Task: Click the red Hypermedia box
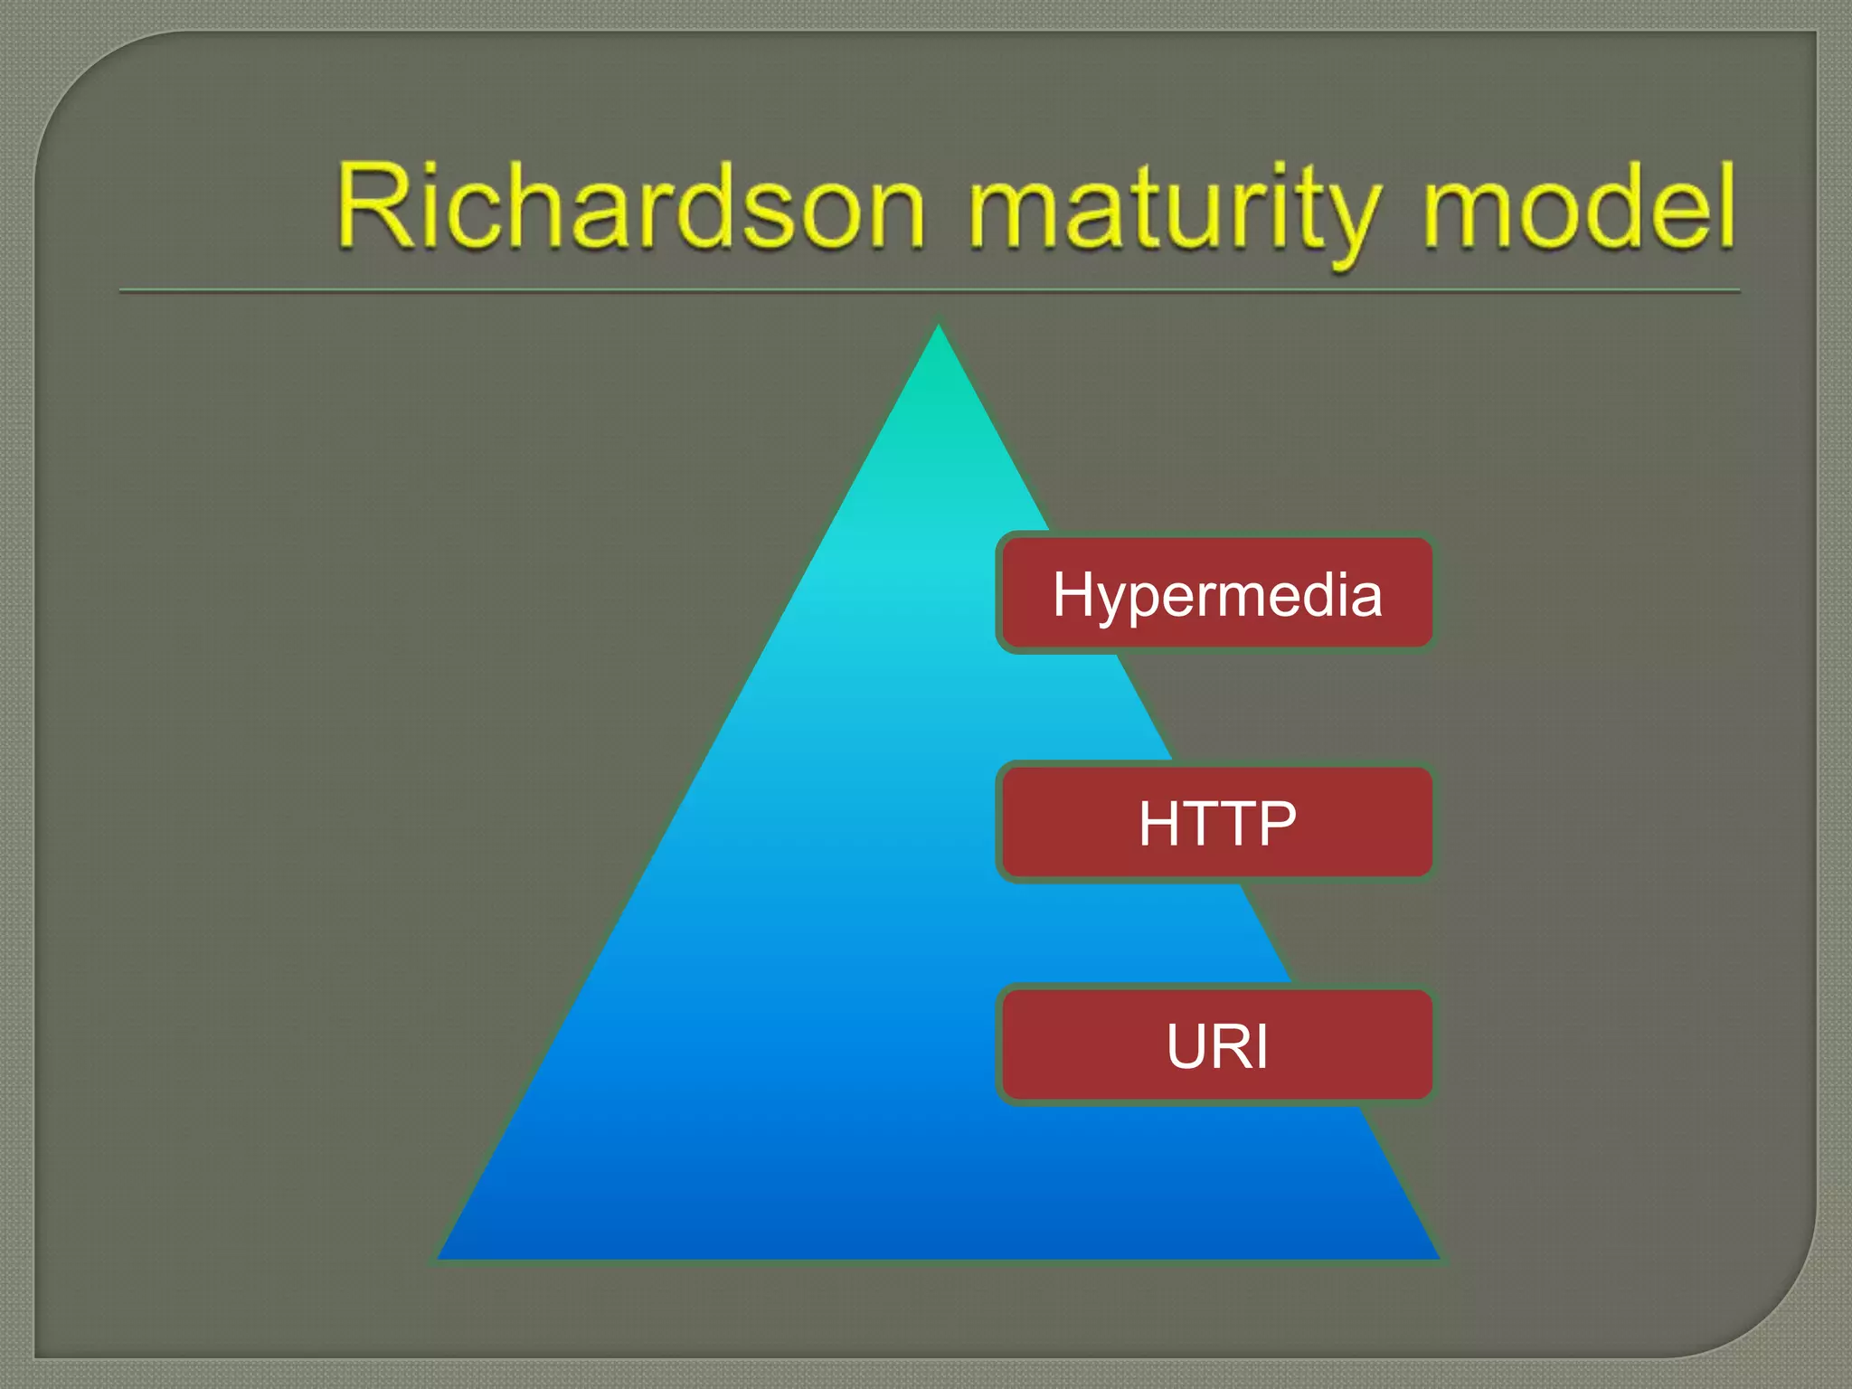click(x=1216, y=592)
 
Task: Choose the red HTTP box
click(x=1216, y=822)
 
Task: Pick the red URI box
click(x=1216, y=1044)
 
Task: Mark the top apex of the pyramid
click(x=938, y=327)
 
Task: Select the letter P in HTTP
click(x=1276, y=823)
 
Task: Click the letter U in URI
click(x=1188, y=1046)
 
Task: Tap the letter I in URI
click(x=1261, y=1046)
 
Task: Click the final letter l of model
click(x=1725, y=204)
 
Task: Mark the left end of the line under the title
click(x=121, y=291)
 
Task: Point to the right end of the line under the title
click(x=1738, y=291)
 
